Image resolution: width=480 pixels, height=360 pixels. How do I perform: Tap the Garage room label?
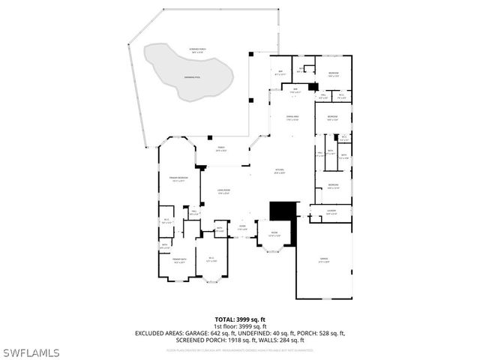click(x=324, y=259)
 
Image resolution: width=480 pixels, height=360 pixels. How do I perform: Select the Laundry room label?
click(x=331, y=212)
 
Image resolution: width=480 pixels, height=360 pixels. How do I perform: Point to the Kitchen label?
click(x=279, y=171)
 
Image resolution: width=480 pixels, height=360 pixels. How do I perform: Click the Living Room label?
click(x=222, y=192)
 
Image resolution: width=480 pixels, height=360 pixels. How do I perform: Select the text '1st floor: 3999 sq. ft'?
click(x=240, y=326)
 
